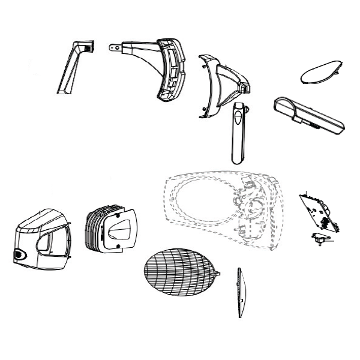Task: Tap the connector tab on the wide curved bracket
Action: pos(113,46)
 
